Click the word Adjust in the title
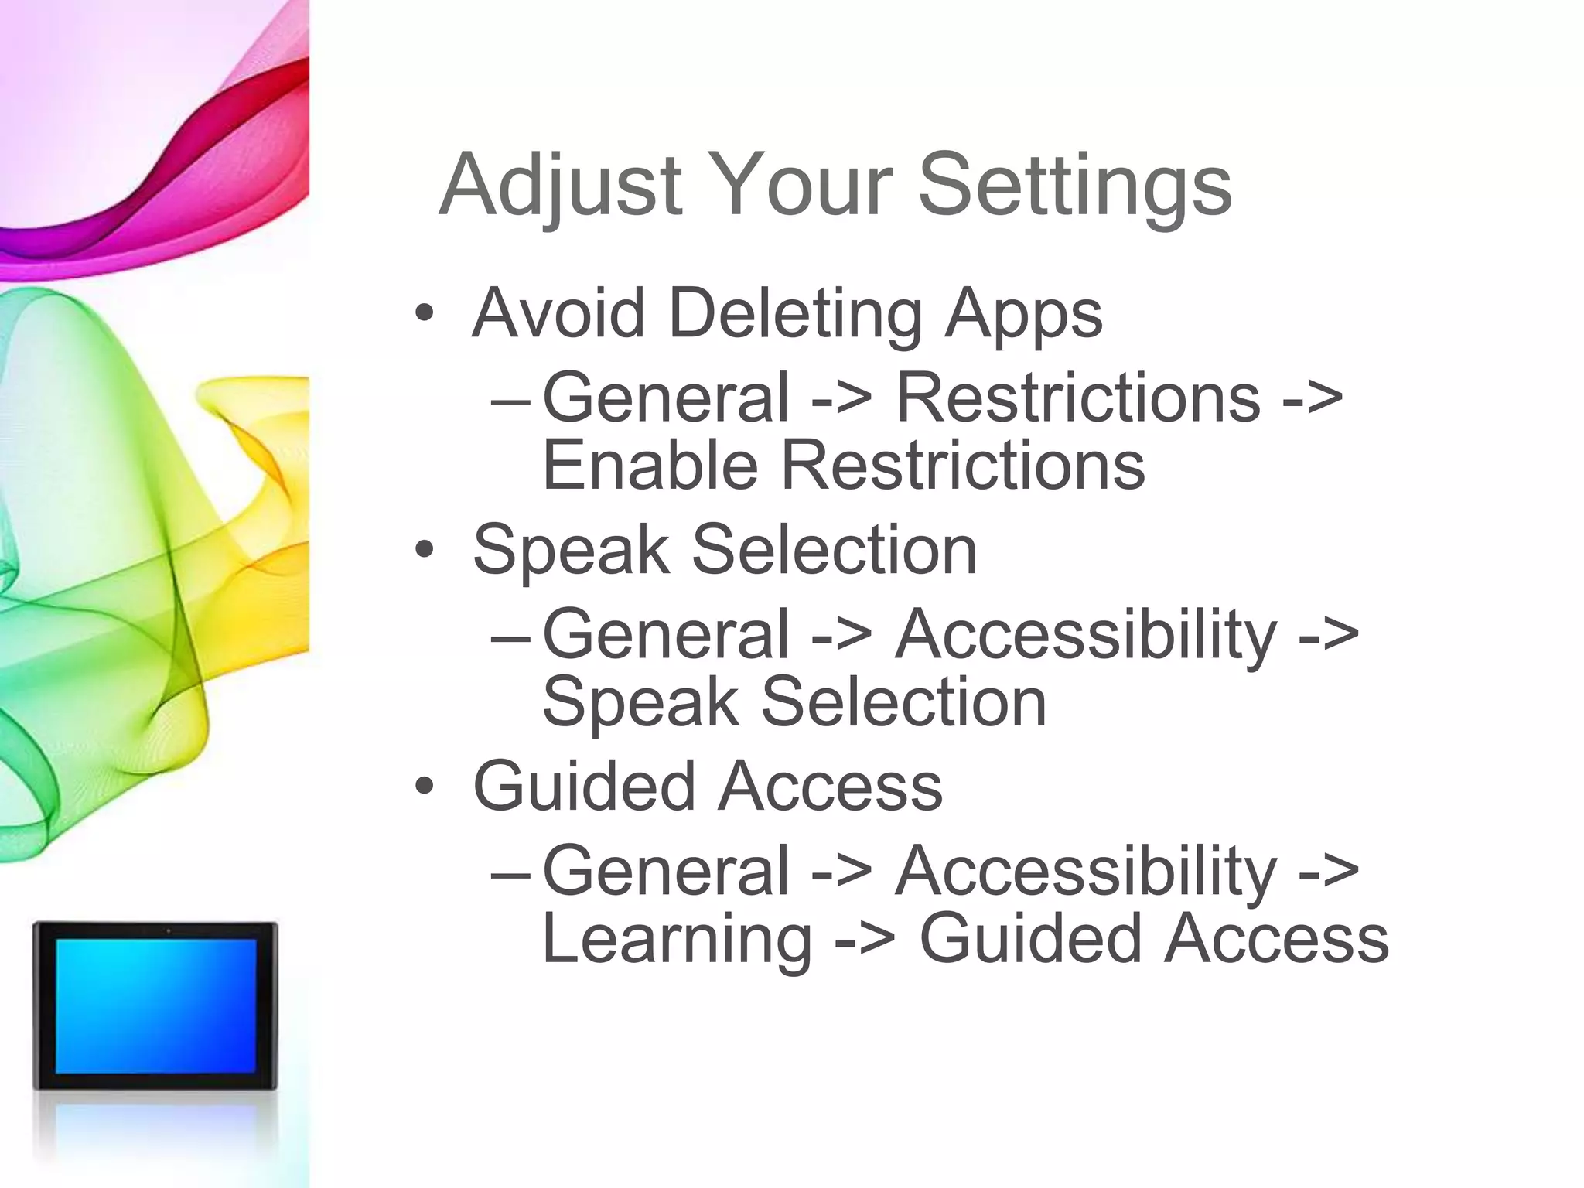point(560,186)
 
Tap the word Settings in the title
point(1074,186)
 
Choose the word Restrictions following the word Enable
point(962,466)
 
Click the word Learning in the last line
point(677,939)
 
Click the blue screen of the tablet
point(155,1005)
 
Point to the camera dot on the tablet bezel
point(168,930)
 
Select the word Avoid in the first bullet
point(558,313)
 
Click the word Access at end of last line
point(1276,939)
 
